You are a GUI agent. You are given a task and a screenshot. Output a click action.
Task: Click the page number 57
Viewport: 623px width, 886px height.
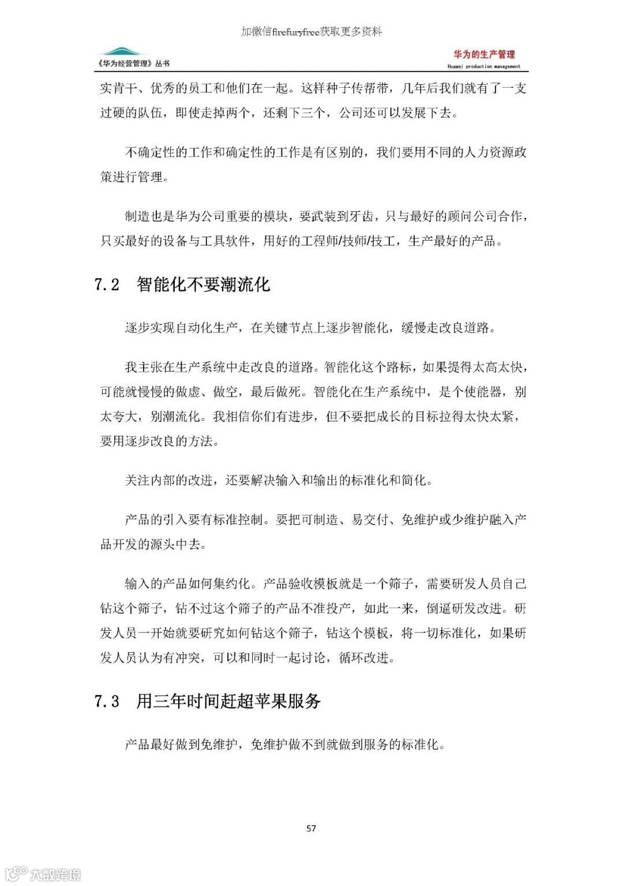[311, 828]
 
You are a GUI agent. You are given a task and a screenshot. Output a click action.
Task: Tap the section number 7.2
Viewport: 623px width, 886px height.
[107, 285]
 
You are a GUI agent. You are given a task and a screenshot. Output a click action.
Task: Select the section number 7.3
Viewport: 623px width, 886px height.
[107, 701]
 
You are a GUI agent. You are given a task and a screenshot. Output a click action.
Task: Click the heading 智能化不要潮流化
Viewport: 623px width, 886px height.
[203, 285]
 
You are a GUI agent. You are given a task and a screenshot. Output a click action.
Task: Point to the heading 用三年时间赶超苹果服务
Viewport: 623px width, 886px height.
[228, 701]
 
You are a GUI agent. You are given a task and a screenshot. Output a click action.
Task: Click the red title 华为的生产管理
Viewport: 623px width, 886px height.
[484, 55]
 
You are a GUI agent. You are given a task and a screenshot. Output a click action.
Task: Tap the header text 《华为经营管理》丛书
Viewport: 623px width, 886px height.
[134, 64]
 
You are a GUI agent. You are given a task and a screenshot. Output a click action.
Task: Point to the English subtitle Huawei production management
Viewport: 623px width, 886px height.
[484, 66]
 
